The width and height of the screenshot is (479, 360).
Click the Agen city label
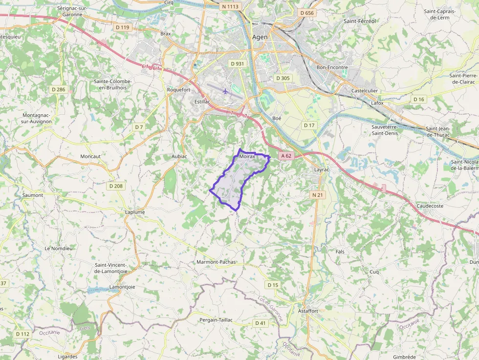point(261,37)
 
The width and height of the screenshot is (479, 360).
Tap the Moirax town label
point(247,156)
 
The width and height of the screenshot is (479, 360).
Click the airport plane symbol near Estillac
point(225,91)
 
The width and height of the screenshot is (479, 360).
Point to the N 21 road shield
point(318,195)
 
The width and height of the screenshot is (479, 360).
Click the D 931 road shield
point(237,64)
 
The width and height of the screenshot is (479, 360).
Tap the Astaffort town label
point(308,311)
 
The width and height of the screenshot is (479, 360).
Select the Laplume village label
point(135,212)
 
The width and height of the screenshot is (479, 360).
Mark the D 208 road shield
point(116,186)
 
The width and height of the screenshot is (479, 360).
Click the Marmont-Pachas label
point(216,262)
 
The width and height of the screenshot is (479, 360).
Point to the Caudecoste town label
point(430,206)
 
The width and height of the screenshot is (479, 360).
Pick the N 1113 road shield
point(230,6)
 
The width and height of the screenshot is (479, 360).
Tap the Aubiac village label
point(179,156)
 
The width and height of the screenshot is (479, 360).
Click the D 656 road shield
point(306,13)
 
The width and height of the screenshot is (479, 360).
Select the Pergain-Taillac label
point(216,319)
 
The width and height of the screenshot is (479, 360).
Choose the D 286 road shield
point(58,89)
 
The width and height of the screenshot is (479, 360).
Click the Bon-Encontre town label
point(332,67)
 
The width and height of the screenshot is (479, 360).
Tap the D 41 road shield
point(260,323)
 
